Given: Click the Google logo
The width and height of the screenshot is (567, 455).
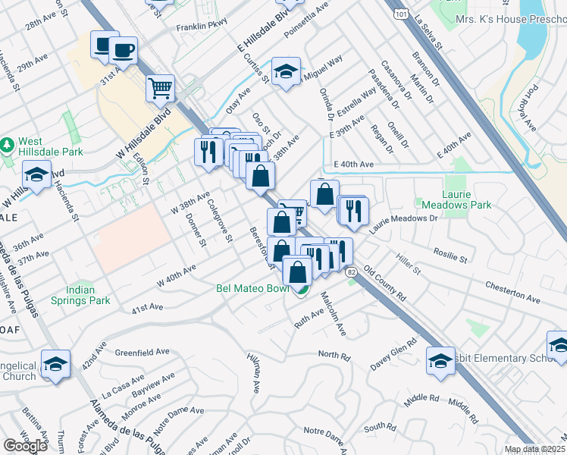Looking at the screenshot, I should pyautogui.click(x=25, y=446).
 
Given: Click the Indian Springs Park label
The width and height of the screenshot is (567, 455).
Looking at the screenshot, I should pyautogui.click(x=90, y=295).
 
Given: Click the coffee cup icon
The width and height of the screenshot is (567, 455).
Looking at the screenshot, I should pyautogui.click(x=123, y=51).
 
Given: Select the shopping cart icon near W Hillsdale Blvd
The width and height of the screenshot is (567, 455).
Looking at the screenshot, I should pyautogui.click(x=161, y=88).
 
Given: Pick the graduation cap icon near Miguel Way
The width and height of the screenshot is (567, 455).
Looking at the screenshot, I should pyautogui.click(x=286, y=72).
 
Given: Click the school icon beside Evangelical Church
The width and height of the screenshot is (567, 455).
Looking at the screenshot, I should pyautogui.click(x=56, y=365).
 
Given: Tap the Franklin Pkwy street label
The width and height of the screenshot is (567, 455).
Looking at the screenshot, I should pyautogui.click(x=180, y=25).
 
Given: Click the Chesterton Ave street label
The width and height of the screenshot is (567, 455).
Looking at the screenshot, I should pyautogui.click(x=512, y=294).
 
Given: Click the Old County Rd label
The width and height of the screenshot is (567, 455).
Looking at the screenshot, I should pyautogui.click(x=384, y=284).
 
